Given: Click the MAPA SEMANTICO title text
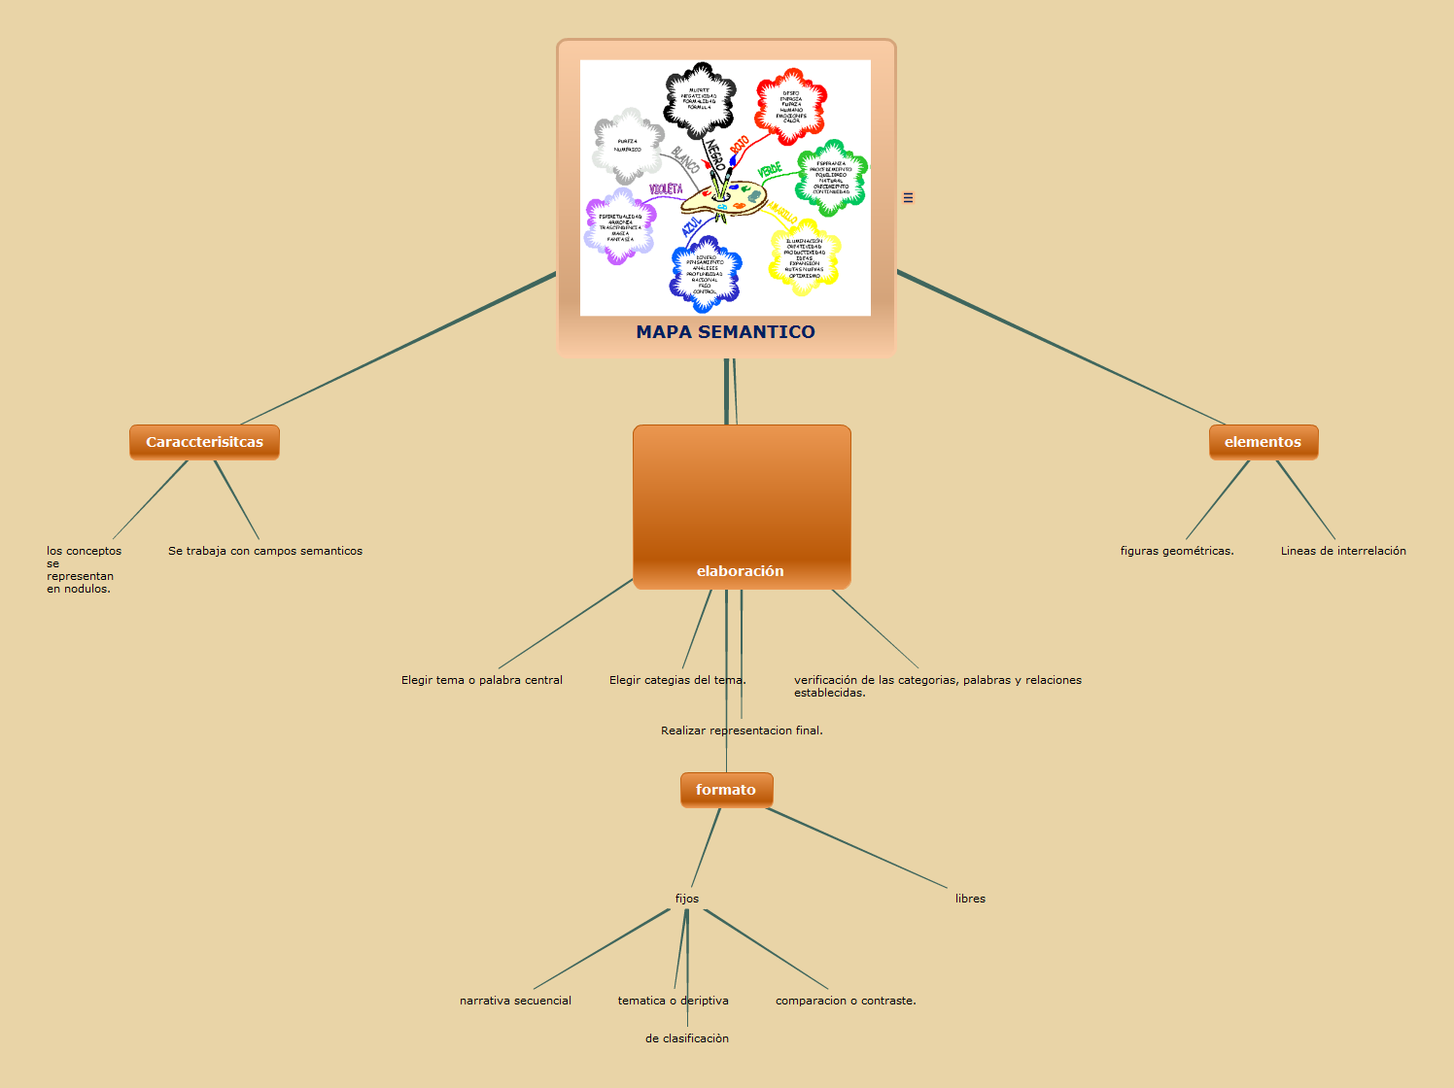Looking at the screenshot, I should pos(725,332).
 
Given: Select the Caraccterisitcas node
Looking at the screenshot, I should pos(204,442).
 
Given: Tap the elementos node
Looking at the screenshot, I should pos(1263,442).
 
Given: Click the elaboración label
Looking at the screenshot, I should pos(740,571).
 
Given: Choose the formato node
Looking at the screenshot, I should pos(726,790).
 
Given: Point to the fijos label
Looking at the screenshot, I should pos(687,899).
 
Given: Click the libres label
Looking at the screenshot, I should pos(970,899).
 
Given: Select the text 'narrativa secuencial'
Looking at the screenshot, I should pos(515,1001).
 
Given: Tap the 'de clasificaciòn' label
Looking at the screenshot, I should pos(687,1038).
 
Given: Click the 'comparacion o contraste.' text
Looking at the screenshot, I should pos(846,1001).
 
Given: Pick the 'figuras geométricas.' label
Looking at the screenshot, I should pos(1177,551).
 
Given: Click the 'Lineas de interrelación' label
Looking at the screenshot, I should pos(1343,551).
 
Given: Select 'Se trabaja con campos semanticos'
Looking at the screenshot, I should pos(265,551).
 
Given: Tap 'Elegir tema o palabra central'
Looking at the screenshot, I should pos(482,680).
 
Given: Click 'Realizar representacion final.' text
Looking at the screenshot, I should pos(742,731).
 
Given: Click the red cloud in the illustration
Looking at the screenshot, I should pos(791,107).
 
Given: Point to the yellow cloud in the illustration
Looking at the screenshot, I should pos(804,258).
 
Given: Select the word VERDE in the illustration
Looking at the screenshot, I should pos(770,171).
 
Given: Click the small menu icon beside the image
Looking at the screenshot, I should pos(908,197).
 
